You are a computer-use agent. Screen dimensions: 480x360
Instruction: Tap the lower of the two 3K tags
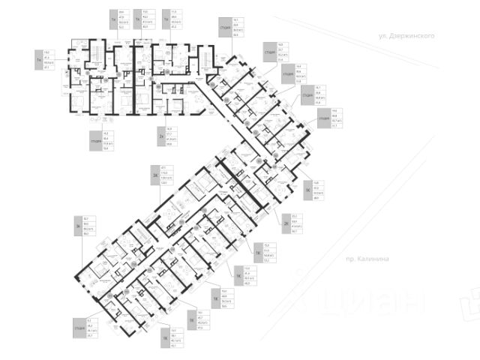tap(78, 226)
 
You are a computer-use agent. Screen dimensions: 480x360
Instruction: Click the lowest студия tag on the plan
tap(79, 327)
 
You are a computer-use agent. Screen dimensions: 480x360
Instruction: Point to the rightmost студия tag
tap(324, 118)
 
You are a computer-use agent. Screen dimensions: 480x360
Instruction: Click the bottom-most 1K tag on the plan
tap(164, 338)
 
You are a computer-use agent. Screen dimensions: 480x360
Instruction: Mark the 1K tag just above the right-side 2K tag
tap(307, 190)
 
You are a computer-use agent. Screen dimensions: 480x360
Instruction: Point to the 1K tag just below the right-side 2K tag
tap(257, 253)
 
